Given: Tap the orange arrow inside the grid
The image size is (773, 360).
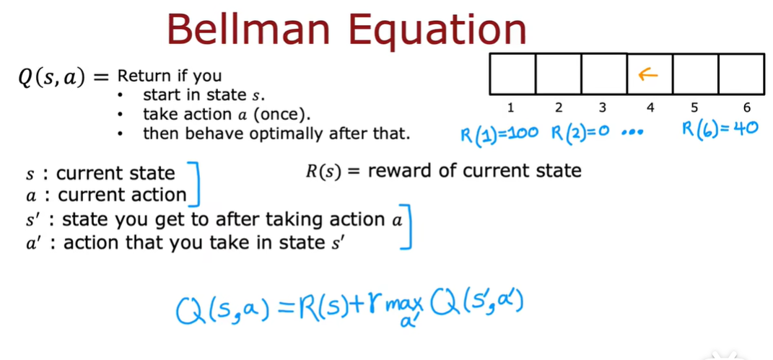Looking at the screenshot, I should (649, 74).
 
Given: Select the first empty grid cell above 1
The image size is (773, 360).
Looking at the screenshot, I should (512, 74).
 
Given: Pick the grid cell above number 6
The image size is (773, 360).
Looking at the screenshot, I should (741, 74).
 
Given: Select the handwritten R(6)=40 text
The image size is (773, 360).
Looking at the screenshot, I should (720, 131).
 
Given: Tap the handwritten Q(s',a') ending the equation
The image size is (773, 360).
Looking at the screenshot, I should (477, 308).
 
